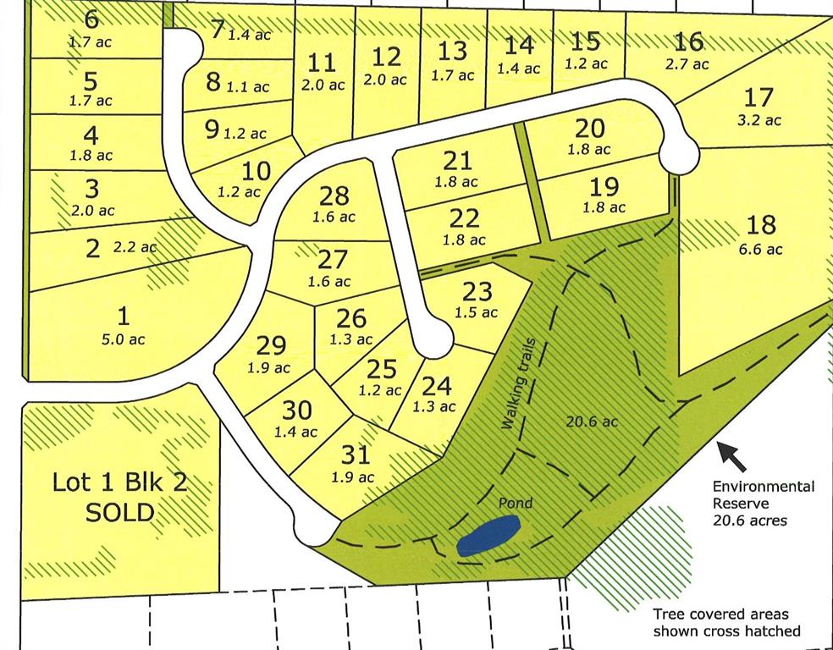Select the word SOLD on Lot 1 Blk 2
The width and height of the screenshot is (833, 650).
(119, 512)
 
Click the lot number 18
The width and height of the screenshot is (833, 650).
(761, 225)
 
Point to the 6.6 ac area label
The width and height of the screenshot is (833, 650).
(761, 249)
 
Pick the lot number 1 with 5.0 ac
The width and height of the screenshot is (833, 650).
(124, 317)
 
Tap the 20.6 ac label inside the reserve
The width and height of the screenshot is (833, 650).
(592, 421)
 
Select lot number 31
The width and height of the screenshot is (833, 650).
(356, 455)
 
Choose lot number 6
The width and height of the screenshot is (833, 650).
(91, 19)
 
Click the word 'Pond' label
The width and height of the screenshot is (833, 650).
(515, 504)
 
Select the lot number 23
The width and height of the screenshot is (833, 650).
(477, 291)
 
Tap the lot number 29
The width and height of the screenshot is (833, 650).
(271, 345)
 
